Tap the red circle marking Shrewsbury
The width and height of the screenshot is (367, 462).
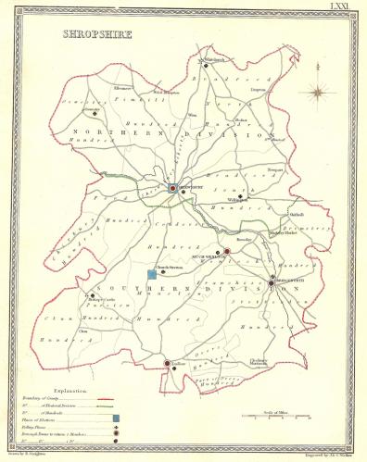tap(172, 188)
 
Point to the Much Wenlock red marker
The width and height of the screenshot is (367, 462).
tap(227, 251)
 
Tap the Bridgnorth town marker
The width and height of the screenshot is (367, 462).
tap(272, 281)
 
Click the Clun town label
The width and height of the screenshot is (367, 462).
tap(82, 331)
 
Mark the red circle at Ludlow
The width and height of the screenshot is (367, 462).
tap(168, 363)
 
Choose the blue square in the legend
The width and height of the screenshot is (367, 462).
tap(116, 419)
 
